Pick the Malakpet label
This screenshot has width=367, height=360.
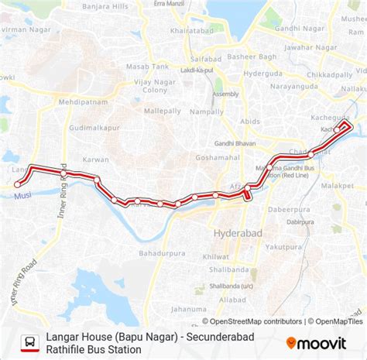338,186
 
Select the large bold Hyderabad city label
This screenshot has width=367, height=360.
238,232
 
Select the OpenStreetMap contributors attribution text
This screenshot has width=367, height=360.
256,321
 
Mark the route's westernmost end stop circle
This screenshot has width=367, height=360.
17,184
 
